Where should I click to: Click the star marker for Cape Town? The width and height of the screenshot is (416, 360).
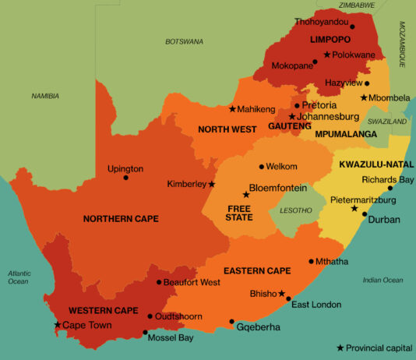pyautogui.click(x=57, y=325)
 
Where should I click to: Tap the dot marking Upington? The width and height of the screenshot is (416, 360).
pyautogui.click(x=125, y=178)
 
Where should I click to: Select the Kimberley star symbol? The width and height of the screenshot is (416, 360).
pyautogui.click(x=212, y=185)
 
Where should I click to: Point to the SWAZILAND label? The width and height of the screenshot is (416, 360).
pyautogui.click(x=387, y=122)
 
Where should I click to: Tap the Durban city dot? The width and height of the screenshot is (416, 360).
pyautogui.click(x=364, y=213)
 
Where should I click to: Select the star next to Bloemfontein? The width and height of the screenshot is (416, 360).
pyautogui.click(x=245, y=195)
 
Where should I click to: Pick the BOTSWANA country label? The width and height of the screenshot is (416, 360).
pyautogui.click(x=184, y=41)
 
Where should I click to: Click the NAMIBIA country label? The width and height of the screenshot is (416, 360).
pyautogui.click(x=45, y=96)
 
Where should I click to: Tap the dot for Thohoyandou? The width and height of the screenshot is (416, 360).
pyautogui.click(x=352, y=26)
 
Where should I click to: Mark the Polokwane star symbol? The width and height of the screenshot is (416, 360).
pyautogui.click(x=327, y=55)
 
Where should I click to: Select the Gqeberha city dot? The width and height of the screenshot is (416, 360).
pyautogui.click(x=231, y=321)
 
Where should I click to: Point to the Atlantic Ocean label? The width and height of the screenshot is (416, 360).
pyautogui.click(x=18, y=277)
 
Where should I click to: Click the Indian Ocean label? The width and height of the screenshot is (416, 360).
pyautogui.click(x=383, y=280)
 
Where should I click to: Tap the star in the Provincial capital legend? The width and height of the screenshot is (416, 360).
pyautogui.click(x=340, y=348)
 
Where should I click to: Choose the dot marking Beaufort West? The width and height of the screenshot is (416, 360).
pyautogui.click(x=159, y=282)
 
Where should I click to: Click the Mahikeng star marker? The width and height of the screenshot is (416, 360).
pyautogui.click(x=232, y=109)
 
